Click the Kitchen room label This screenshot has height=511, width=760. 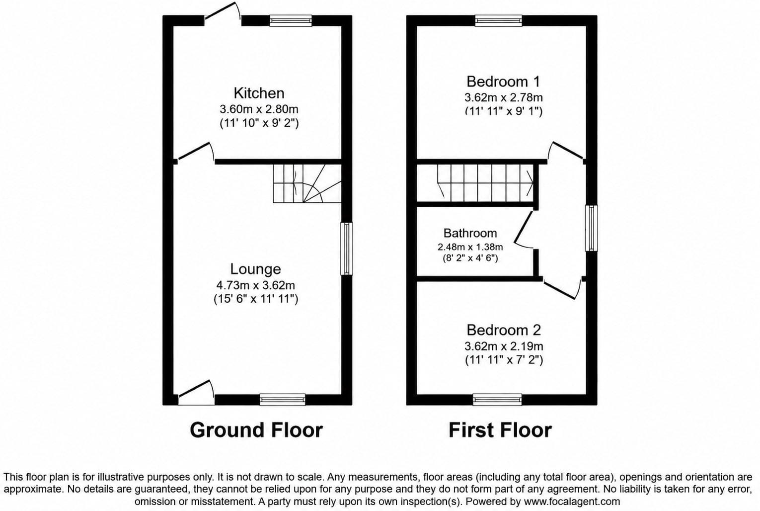coord(259,93)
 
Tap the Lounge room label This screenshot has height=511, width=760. coord(255,269)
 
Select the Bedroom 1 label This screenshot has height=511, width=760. coord(503,82)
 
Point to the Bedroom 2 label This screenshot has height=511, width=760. coord(504,330)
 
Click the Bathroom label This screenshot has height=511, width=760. coord(470,233)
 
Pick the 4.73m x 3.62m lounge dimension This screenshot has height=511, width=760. coord(255,285)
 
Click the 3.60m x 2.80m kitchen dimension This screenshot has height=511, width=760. coord(259,109)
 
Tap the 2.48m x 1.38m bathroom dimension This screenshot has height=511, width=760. coord(470,247)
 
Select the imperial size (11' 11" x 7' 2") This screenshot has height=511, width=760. coord(504,360)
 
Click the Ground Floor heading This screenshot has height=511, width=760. coord(256,430)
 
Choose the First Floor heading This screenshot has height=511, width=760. coord(500,430)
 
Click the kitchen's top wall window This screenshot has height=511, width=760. coord(291,21)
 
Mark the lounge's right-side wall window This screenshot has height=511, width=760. coord(347,249)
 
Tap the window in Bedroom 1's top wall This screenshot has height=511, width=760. coord(498,21)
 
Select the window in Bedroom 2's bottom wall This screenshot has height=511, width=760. coord(498,400)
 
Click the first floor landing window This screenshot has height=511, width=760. coord(592,228)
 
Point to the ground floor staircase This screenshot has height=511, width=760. coord(307,183)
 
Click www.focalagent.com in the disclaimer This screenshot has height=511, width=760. coord(572,502)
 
